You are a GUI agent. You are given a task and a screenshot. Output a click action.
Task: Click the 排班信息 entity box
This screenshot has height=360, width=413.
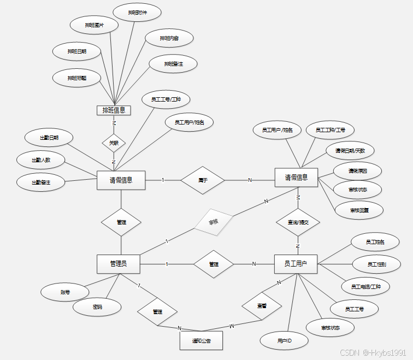(114, 110)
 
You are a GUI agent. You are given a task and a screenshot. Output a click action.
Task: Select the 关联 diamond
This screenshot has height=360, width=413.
(114, 143)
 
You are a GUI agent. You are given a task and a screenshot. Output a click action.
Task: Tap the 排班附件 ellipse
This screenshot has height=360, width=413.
(137, 11)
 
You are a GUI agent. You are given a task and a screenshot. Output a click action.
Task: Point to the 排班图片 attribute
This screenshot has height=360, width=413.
(95, 25)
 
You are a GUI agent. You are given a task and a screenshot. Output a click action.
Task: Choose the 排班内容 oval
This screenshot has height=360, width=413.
(169, 38)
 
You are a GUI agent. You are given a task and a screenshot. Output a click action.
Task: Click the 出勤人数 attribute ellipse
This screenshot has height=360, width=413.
(41, 160)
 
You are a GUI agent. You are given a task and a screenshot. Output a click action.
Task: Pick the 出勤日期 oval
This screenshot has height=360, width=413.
(49, 138)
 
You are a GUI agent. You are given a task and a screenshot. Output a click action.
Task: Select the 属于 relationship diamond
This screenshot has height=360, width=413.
(203, 180)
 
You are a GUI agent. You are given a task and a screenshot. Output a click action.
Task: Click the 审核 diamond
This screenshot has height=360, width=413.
(214, 222)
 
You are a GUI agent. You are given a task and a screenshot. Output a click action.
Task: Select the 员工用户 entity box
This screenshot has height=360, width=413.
(296, 264)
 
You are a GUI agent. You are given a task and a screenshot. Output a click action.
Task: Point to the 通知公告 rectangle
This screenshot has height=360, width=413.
(201, 340)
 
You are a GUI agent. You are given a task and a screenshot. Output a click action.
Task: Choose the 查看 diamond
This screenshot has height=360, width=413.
(261, 306)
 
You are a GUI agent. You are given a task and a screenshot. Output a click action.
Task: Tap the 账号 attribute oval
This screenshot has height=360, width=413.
(65, 292)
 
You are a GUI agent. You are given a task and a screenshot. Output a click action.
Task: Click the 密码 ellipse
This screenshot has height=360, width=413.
(97, 307)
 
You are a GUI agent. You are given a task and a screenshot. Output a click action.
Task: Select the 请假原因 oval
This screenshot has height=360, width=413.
(358, 171)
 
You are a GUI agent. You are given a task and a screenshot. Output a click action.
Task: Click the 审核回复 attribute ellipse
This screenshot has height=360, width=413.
(359, 209)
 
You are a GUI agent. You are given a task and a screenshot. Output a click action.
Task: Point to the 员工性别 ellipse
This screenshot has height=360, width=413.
(376, 264)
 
